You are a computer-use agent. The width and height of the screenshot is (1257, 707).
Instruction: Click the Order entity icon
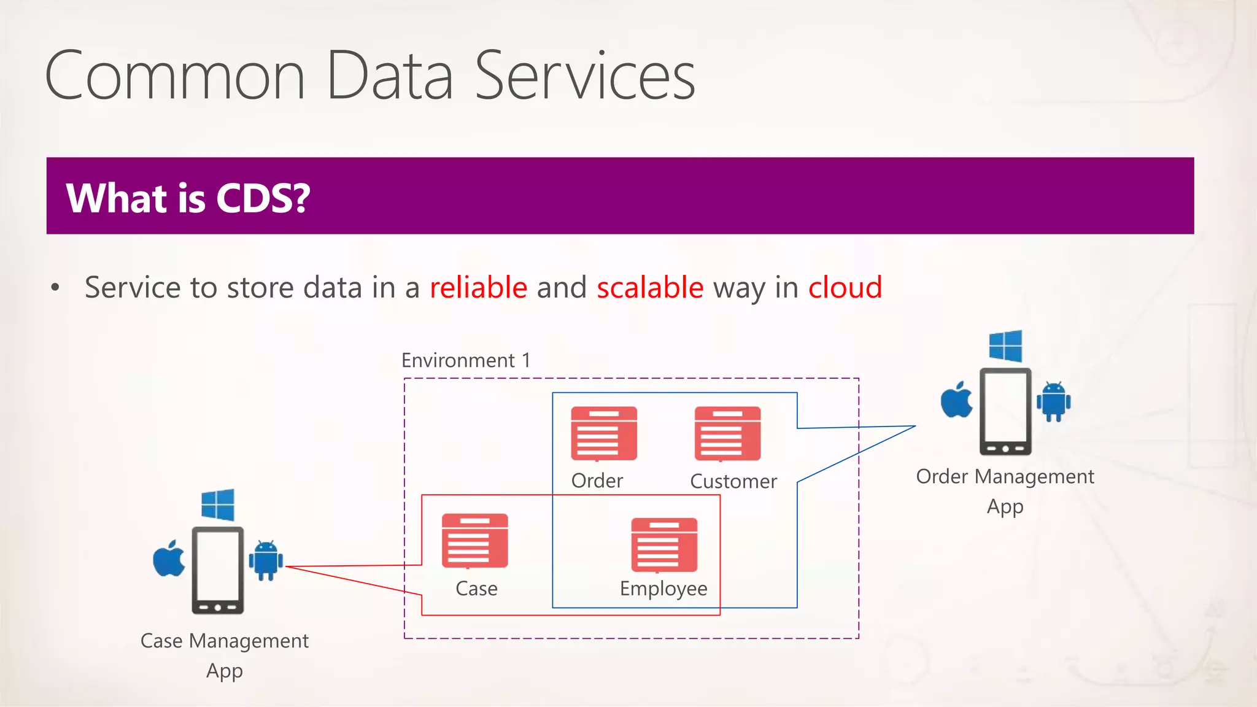tap(604, 433)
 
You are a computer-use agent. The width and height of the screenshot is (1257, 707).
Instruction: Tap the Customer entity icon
tap(727, 433)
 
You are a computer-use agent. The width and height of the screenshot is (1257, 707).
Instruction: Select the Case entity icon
tap(475, 541)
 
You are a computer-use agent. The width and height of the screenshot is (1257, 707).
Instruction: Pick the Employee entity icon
tap(664, 545)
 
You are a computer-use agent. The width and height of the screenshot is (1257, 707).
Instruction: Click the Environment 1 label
tap(466, 360)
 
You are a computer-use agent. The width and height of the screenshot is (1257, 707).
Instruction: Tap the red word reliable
tap(478, 287)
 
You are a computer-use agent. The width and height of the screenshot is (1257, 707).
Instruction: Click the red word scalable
tap(650, 287)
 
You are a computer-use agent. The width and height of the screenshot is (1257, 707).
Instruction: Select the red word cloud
tap(845, 287)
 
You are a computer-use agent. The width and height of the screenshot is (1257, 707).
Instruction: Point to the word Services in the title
tap(585, 76)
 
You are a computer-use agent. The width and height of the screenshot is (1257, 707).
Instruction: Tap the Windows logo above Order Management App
tap(1005, 346)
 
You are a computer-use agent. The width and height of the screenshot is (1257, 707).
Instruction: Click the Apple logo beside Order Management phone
tap(957, 400)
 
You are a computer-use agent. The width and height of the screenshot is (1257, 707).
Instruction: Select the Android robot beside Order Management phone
tap(1054, 401)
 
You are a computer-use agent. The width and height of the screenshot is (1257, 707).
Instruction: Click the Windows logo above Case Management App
tap(218, 504)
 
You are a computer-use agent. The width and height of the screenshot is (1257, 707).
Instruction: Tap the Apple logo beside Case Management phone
tap(169, 558)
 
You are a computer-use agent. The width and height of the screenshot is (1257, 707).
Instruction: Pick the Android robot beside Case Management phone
tap(266, 560)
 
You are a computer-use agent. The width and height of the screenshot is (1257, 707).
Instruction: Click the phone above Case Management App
tap(218, 570)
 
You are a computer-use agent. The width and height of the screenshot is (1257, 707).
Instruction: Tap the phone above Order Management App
tap(1005, 411)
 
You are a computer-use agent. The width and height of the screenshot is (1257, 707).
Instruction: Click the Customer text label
tap(733, 481)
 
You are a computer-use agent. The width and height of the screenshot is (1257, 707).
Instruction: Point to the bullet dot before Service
tap(55, 287)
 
